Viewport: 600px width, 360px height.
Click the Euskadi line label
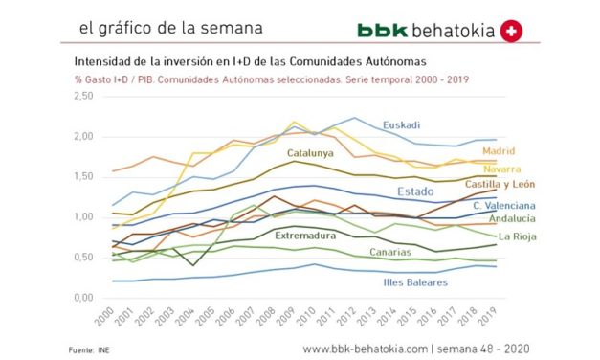(x=402, y=125)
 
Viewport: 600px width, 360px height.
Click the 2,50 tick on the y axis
(x=83, y=96)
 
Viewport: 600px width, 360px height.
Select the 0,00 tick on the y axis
(x=83, y=298)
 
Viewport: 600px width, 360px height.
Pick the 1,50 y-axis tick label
(x=83, y=177)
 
